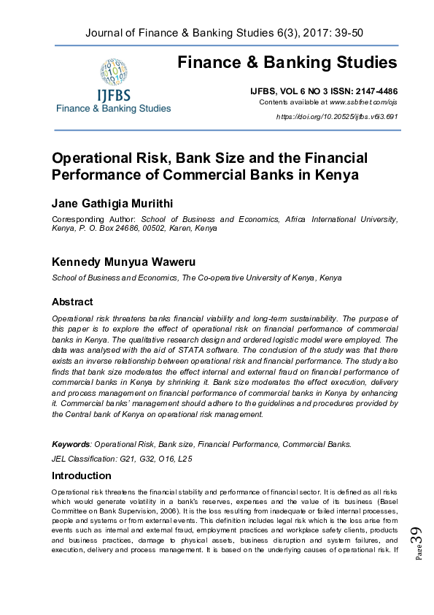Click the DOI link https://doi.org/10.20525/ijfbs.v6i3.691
(x=337, y=117)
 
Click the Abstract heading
(x=72, y=302)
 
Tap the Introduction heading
(x=81, y=475)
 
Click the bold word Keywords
(x=71, y=444)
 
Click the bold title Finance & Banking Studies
(x=287, y=63)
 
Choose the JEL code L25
(x=185, y=459)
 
